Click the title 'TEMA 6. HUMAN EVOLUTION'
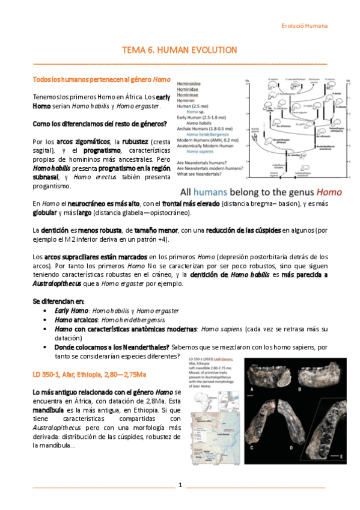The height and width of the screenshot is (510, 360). tap(180, 50)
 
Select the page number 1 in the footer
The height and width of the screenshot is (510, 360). tap(180, 485)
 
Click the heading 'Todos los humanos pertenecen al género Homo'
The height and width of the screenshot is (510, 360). tap(101, 79)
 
